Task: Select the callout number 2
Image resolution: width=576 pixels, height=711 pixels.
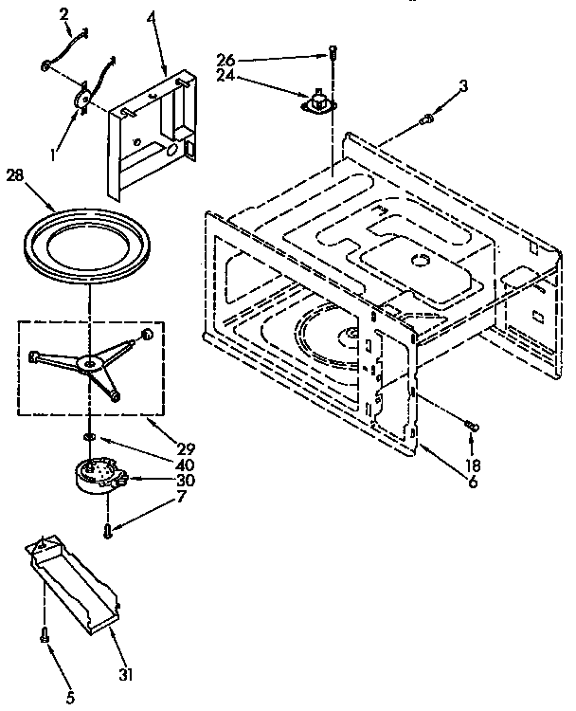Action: (x=63, y=13)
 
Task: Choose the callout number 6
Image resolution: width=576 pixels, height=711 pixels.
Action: (x=472, y=482)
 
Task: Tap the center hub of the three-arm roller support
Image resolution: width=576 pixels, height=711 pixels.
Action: (x=92, y=362)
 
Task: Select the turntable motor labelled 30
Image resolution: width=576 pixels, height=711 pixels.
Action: (x=95, y=474)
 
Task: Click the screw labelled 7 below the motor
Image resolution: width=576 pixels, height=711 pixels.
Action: (x=109, y=532)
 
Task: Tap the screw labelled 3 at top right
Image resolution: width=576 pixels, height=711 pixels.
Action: (x=428, y=118)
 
